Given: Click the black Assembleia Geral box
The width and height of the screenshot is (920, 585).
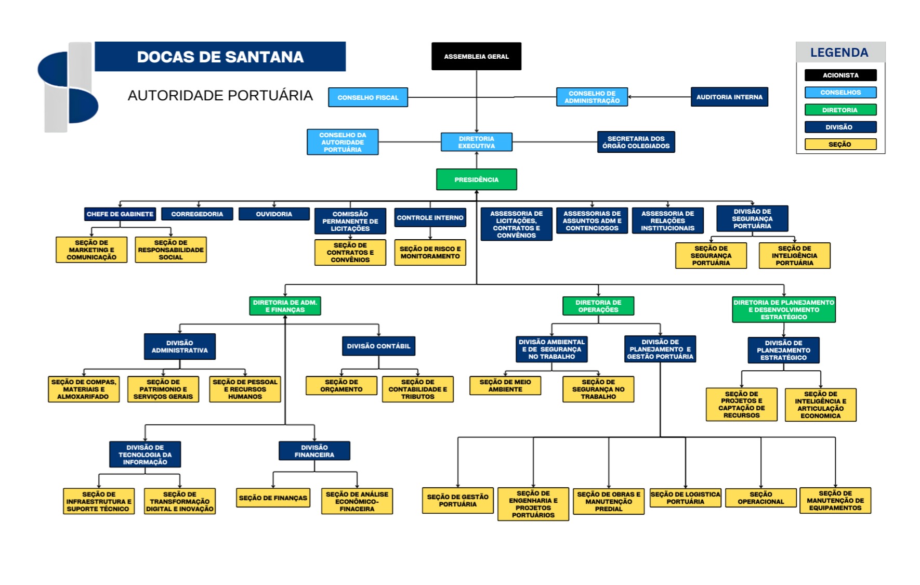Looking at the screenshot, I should (x=476, y=56).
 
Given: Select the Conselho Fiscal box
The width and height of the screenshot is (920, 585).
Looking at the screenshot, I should (x=367, y=97).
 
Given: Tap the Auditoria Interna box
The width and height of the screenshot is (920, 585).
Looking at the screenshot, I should (x=729, y=97).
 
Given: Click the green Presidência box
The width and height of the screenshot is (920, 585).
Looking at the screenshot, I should (x=476, y=179).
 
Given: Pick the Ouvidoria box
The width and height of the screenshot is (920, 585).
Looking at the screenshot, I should (x=274, y=214).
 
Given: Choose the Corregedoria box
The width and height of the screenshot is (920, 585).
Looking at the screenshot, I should (x=197, y=214).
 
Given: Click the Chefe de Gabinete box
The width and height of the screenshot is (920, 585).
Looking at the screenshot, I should (x=120, y=214).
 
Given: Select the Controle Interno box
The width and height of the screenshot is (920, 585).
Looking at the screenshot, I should (x=430, y=217).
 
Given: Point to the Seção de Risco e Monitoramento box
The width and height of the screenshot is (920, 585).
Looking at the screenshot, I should (x=430, y=252).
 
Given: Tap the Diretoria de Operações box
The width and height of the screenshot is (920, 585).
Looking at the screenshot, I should (x=598, y=306).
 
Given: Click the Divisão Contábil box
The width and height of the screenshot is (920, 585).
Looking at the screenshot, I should (x=378, y=346).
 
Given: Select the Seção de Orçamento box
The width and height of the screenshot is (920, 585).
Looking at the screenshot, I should (x=341, y=385).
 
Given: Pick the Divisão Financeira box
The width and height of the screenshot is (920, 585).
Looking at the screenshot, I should (x=314, y=451).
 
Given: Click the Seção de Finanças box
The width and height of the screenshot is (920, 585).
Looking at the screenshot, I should (x=273, y=498).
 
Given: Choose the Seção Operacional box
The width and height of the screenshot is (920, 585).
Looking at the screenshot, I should (x=760, y=498).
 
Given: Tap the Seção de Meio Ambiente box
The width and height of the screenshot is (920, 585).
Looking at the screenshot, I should (x=505, y=385).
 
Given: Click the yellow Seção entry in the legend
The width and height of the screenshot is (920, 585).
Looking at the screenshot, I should (x=840, y=144).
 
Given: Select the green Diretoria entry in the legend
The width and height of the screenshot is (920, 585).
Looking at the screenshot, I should (x=840, y=110).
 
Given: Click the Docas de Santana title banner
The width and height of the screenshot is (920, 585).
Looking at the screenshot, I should (x=220, y=57).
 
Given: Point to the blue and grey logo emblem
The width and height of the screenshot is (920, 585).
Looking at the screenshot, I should (x=68, y=87).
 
